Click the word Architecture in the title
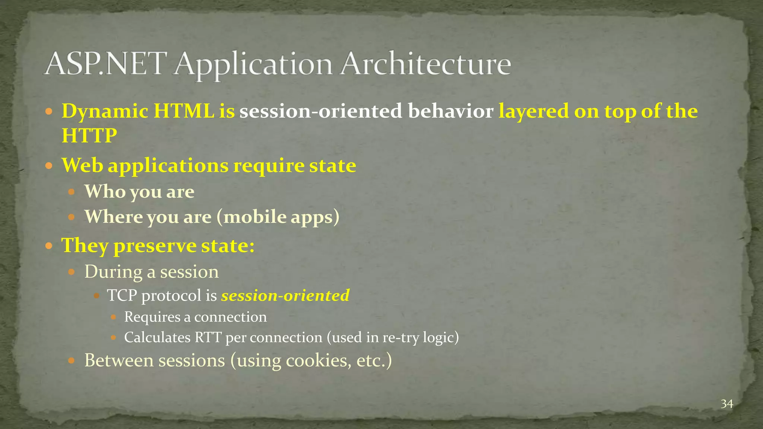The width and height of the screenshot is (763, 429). (425, 64)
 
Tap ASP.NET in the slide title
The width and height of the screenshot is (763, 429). (104, 64)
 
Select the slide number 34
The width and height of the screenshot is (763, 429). (726, 404)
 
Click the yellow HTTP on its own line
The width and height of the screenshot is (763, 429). (89, 135)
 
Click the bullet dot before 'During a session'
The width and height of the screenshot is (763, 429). (72, 272)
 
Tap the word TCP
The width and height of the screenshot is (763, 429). (123, 296)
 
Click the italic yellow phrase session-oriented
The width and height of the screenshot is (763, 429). (285, 296)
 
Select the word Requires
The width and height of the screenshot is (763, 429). (147, 317)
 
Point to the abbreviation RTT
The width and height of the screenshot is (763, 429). (208, 337)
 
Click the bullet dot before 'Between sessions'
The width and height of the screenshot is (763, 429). (72, 361)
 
